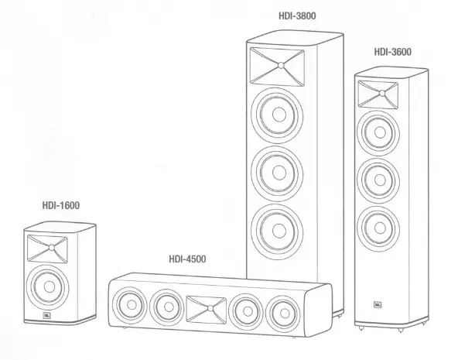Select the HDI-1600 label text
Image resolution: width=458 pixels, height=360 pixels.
[x=61, y=205]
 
